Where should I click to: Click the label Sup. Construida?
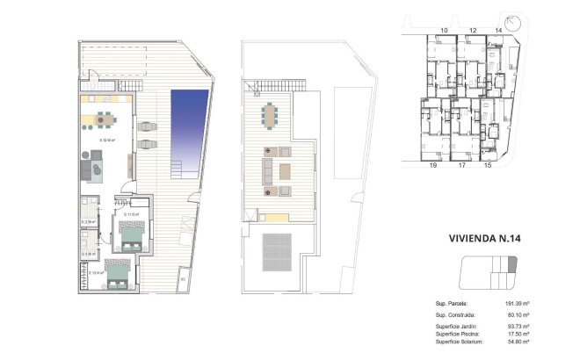pyautogui.click(x=455, y=314)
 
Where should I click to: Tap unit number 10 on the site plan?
pyautogui.click(x=444, y=31)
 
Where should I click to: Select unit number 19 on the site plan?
pyautogui.click(x=432, y=164)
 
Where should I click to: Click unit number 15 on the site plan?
pyautogui.click(x=488, y=164)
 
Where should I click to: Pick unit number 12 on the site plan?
pyautogui.click(x=472, y=31)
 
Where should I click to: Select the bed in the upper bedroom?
pyautogui.click(x=133, y=234)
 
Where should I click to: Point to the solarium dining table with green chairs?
pyautogui.click(x=268, y=115)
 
